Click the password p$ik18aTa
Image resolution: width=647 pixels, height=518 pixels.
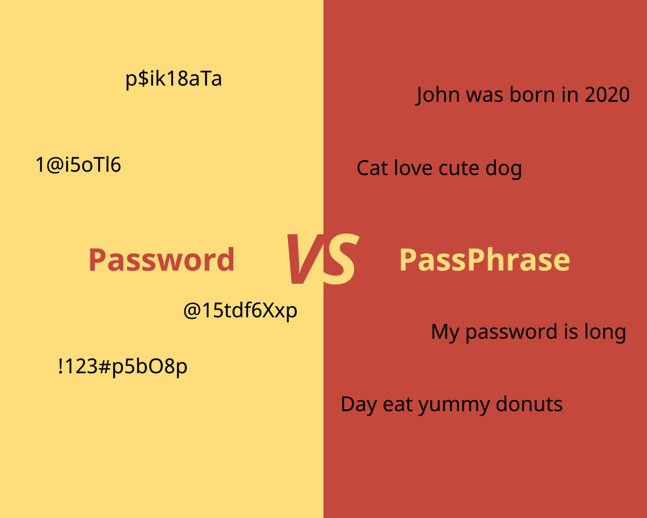[x=174, y=79]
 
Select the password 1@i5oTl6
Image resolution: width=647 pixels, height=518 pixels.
[x=78, y=165]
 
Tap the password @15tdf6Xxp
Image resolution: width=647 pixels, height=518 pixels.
[x=240, y=310]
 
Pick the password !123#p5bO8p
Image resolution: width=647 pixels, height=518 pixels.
[x=123, y=366]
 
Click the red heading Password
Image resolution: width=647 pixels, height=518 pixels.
[x=161, y=260]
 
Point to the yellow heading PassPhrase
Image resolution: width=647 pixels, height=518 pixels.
[x=485, y=260]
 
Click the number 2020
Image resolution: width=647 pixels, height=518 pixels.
[x=607, y=95]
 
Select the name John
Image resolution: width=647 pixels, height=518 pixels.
[x=438, y=95]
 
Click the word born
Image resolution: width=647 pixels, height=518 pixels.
[x=532, y=95]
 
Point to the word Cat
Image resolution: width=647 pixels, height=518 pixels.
[x=372, y=168]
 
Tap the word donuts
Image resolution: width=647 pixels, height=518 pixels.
[x=529, y=404]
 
